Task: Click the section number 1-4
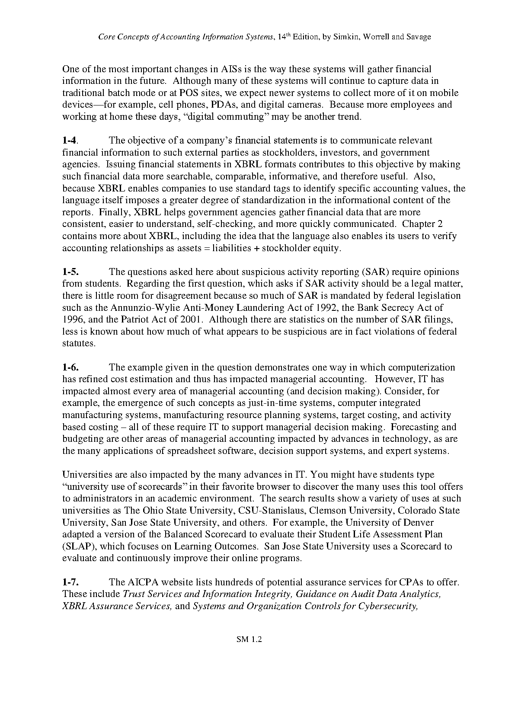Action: [x=69, y=140]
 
